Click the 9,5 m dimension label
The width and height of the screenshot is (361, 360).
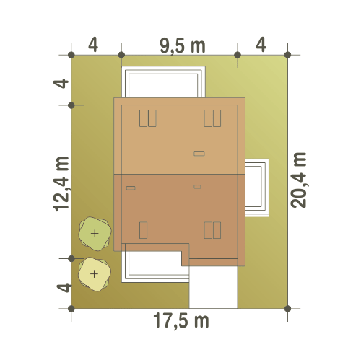(183, 46)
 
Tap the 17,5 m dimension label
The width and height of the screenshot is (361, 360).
(181, 320)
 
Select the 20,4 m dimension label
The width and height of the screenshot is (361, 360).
(299, 180)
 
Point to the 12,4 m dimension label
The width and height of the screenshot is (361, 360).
(61, 184)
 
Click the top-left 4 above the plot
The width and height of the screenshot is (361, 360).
(93, 45)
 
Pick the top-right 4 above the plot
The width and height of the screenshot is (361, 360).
(261, 45)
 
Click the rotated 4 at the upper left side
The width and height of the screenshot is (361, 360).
(61, 84)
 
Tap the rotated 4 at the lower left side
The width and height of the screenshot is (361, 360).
(64, 288)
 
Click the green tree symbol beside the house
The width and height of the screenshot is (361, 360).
(95, 234)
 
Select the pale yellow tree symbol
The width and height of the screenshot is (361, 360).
(95, 274)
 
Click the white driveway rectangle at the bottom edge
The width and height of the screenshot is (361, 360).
(213, 287)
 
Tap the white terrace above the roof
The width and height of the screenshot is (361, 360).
(163, 82)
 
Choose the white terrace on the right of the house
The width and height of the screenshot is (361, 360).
(257, 188)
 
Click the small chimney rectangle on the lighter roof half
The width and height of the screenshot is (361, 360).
(199, 154)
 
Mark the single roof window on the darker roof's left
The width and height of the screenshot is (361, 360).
(143, 230)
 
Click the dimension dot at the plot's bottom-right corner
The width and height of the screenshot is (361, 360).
(287, 309)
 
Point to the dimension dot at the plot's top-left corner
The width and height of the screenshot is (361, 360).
(71, 55)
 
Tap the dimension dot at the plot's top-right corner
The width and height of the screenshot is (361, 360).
(287, 55)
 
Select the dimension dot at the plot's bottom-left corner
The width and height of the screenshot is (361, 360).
(71, 309)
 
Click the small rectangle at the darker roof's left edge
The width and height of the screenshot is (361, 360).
(131, 188)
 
